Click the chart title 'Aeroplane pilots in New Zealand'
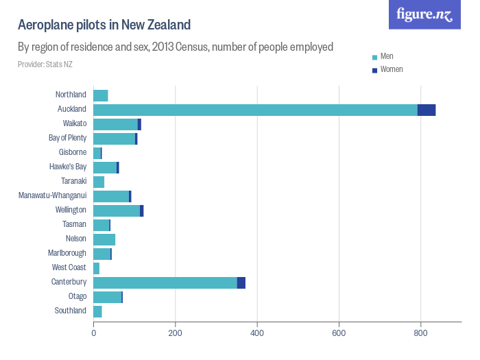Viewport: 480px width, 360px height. tap(104, 25)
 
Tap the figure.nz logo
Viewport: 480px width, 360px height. tap(424, 14)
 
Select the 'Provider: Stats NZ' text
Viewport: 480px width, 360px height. tap(45, 64)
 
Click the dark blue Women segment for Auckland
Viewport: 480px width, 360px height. tap(427, 110)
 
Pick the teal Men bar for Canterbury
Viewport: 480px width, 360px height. tap(165, 283)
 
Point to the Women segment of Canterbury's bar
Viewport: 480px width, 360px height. tap(241, 283)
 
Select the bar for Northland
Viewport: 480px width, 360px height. tap(101, 95)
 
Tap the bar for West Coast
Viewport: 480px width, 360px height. tap(97, 268)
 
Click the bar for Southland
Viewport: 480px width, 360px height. tap(97, 311)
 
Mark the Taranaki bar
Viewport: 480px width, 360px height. tap(99, 182)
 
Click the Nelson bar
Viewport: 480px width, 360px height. tap(104, 239)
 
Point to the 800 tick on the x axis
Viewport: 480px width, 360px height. tap(421, 333)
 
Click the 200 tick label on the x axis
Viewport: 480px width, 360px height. tap(176, 333)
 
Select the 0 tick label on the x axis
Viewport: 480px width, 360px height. tap(94, 333)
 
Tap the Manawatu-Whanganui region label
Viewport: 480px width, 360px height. tap(53, 195)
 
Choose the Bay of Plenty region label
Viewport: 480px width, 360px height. tap(67, 138)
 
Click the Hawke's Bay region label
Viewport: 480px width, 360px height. tap(68, 167)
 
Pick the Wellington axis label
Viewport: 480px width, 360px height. tap(71, 210)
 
